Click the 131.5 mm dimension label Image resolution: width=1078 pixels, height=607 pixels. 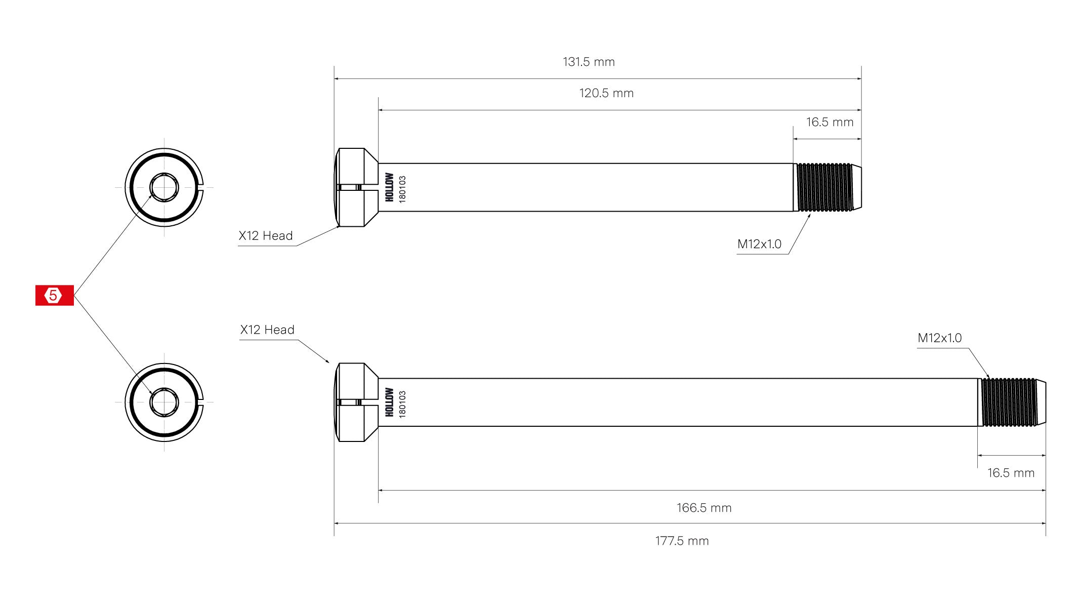coord(589,62)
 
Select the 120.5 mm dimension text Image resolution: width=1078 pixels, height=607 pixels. coord(606,93)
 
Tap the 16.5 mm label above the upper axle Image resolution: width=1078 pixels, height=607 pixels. coord(830,122)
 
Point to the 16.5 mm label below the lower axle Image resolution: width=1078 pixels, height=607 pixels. coord(1011,473)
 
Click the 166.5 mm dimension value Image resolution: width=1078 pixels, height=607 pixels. coord(704,508)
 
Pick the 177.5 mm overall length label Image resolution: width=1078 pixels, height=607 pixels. coord(682,541)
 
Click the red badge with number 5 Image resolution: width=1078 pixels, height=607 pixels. coord(54,295)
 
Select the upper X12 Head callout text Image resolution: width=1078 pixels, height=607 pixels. coord(266,236)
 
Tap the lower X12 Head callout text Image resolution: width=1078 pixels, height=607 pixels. coord(267,330)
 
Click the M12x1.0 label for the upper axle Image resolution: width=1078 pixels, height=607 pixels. coord(759,244)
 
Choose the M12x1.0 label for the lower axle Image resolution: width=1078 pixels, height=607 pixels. coord(939,338)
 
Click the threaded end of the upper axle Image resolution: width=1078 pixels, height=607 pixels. coord(826,187)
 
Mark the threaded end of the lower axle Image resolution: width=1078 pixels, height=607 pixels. coord(1010,402)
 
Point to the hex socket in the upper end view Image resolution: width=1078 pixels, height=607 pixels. coord(164,187)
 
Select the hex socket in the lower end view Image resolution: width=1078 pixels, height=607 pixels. coord(164,402)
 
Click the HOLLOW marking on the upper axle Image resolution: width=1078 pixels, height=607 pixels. coord(389,187)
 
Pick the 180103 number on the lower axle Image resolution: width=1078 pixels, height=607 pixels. coord(402,403)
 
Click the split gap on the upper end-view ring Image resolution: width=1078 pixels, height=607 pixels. coord(201,187)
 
